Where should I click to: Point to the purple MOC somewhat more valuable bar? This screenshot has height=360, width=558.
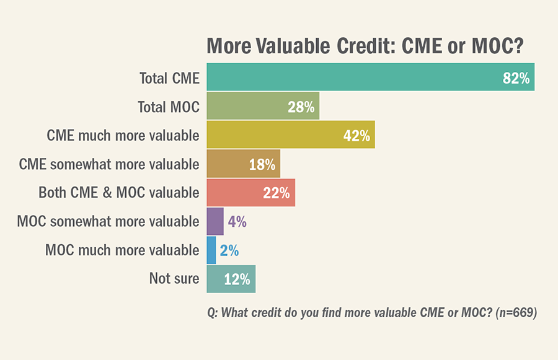[x=215, y=221]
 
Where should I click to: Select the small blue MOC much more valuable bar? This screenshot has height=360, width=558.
[x=211, y=250]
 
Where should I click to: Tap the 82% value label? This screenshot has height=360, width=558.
[x=516, y=78]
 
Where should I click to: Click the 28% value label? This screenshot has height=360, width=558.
[x=301, y=107]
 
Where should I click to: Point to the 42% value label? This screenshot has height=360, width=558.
[x=356, y=136]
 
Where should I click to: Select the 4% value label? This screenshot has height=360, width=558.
[x=237, y=221]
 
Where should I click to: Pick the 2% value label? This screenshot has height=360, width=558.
[x=229, y=250]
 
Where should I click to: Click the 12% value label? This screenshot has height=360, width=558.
[x=237, y=279]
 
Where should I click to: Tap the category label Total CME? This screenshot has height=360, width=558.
[x=169, y=78]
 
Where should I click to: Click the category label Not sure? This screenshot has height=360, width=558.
[x=174, y=279]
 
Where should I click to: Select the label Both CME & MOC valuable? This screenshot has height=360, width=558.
[x=118, y=193]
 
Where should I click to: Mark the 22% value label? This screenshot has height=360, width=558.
[x=277, y=193]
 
